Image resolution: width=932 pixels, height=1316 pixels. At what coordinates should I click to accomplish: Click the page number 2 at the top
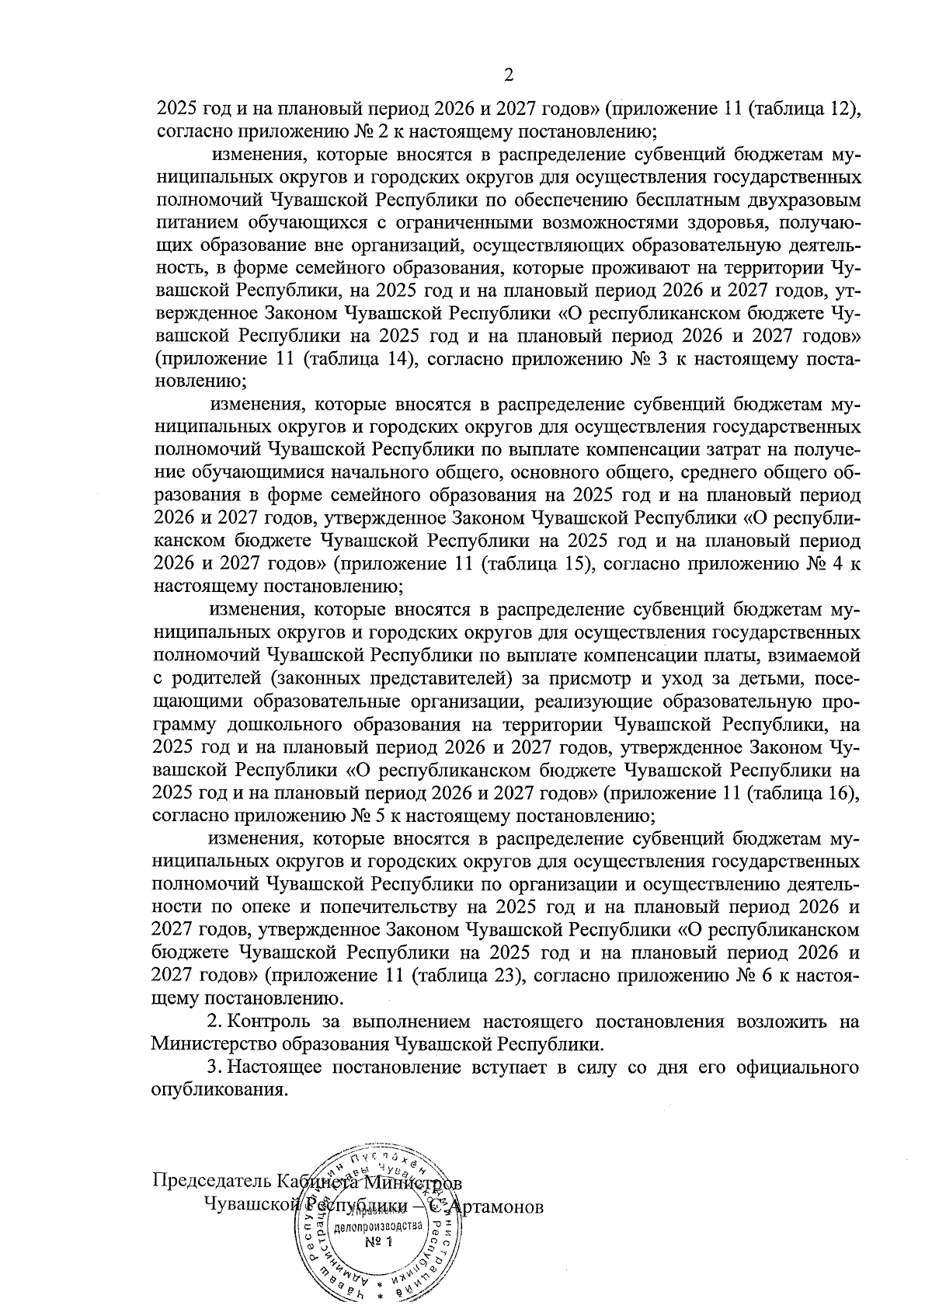tap(509, 75)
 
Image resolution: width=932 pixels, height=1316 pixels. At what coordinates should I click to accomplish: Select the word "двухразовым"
tap(809, 200)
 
